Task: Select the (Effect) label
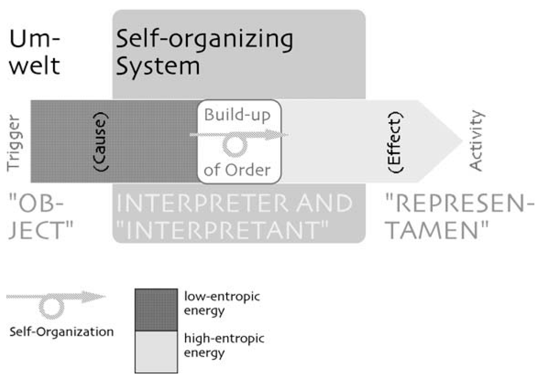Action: tap(394, 142)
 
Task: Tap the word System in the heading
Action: tap(158, 66)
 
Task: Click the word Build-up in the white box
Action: tap(237, 115)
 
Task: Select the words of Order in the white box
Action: tap(237, 170)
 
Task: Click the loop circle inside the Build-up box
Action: tap(235, 146)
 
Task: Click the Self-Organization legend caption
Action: tap(61, 331)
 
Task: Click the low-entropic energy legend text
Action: tap(222, 303)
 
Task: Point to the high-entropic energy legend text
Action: tap(224, 346)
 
